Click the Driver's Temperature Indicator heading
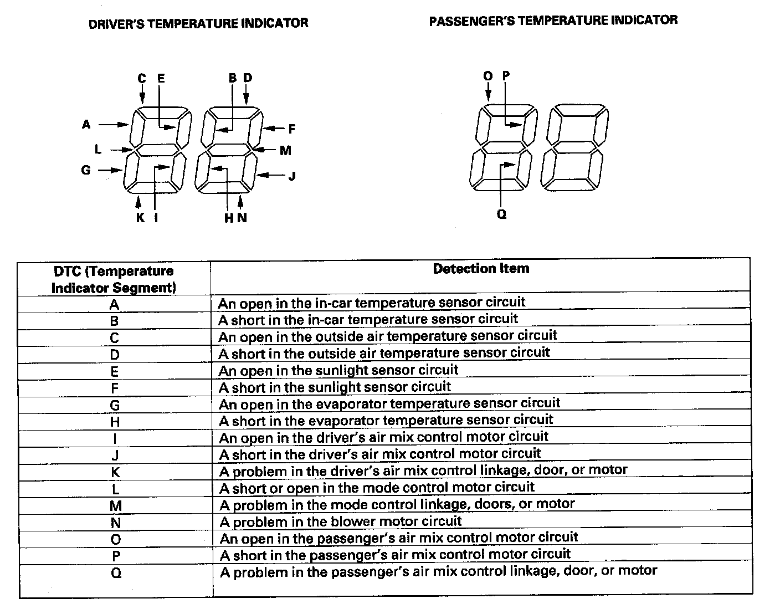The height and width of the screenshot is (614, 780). click(198, 23)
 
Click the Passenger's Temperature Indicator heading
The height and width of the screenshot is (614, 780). click(553, 21)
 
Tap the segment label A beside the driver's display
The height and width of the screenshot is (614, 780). click(86, 125)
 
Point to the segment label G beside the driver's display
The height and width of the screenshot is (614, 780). click(86, 170)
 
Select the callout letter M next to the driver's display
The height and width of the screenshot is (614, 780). click(285, 150)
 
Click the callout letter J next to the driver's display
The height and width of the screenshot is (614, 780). click(292, 176)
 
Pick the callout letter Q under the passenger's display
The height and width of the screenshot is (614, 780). click(502, 214)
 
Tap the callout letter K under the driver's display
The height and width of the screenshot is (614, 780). click(140, 218)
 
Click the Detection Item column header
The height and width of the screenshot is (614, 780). click(481, 269)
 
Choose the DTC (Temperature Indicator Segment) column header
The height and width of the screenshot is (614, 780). click(114, 279)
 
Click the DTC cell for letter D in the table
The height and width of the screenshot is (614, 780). click(115, 355)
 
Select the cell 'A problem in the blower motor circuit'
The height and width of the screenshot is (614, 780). click(341, 521)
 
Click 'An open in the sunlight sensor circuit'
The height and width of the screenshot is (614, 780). click(338, 370)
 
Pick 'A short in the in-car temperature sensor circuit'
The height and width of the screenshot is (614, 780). click(368, 320)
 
